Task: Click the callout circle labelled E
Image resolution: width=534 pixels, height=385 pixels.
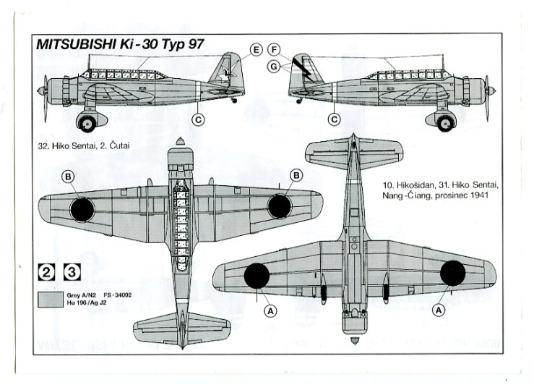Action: pos(256,50)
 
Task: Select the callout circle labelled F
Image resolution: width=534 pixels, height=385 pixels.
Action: pos(273,50)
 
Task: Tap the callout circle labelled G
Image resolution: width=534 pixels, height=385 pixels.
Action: pos(273,67)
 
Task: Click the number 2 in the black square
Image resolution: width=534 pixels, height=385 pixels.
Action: pos(46,272)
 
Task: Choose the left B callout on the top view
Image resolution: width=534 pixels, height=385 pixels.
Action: pos(68,176)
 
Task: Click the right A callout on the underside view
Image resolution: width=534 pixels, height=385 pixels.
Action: pos(437,309)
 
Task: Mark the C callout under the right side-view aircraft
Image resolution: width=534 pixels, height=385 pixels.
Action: pos(334,119)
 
